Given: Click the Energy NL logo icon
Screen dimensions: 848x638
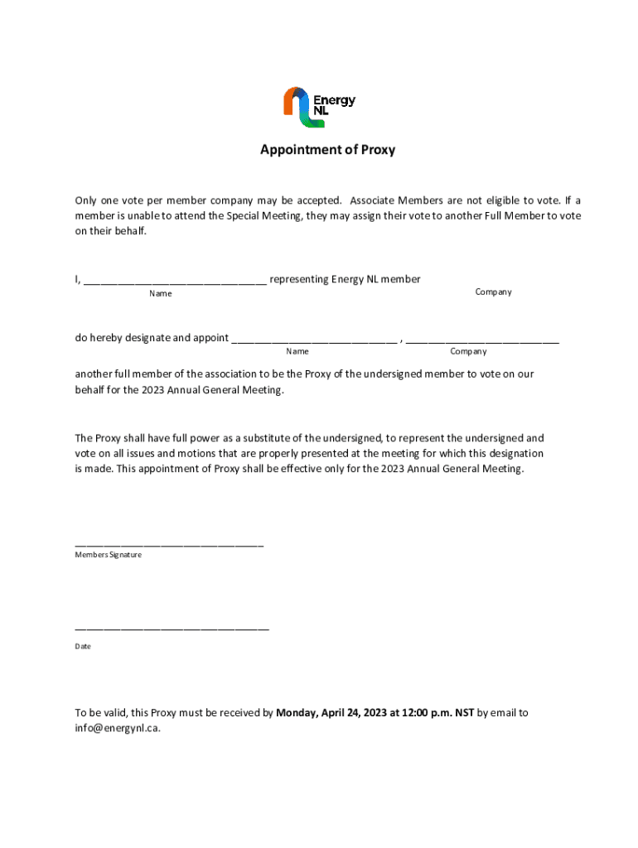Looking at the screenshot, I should (298, 107).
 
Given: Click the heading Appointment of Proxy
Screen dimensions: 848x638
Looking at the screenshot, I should (327, 150).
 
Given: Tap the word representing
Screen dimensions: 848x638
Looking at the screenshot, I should (299, 279).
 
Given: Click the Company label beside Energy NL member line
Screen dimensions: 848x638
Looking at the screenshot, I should (493, 291).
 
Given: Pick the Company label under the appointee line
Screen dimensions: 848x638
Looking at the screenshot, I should (468, 351).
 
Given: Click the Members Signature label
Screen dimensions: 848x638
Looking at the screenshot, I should (109, 555).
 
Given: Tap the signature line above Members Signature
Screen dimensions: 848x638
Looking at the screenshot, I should (169, 545).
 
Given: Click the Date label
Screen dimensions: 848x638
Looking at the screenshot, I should (83, 646).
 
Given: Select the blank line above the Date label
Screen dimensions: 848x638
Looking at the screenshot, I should (172, 629).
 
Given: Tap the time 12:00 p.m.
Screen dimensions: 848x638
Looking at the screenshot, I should (423, 712).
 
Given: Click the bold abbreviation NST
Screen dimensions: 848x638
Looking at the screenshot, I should (464, 712).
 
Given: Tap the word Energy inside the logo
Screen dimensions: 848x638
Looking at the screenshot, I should (334, 100).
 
